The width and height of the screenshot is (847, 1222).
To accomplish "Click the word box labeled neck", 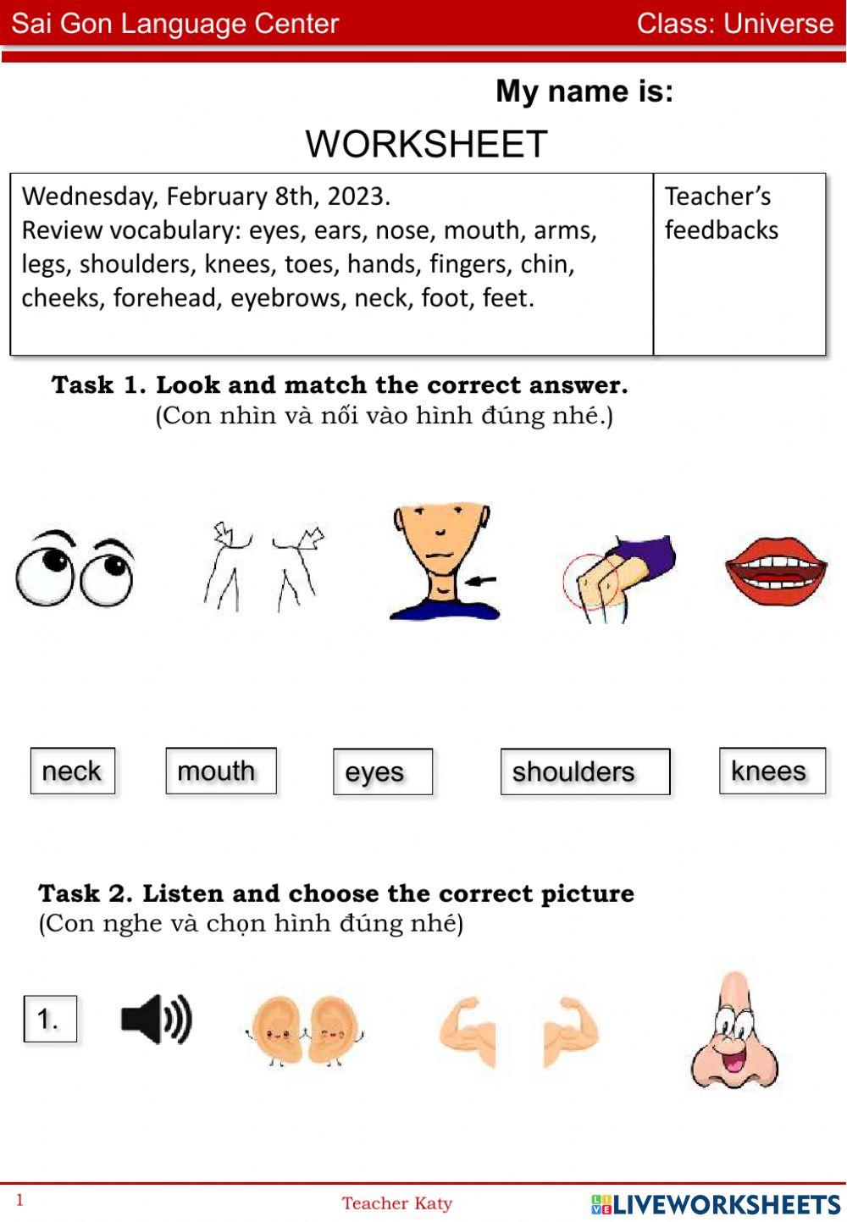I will click(72, 771).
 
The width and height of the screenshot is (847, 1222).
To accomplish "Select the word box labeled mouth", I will click(220, 771).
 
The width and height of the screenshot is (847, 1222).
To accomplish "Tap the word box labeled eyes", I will click(382, 772).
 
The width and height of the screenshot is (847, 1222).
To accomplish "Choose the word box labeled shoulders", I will click(584, 772).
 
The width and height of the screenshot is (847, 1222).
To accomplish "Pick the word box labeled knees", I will click(772, 771).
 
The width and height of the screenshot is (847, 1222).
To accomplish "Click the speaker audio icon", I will click(156, 1019).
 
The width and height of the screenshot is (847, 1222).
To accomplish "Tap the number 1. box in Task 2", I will click(50, 1019).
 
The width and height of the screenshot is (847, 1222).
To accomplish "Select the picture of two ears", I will click(304, 1029).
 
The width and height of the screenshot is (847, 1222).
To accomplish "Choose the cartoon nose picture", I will click(734, 1031).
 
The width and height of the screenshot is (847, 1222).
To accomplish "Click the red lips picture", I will click(776, 571).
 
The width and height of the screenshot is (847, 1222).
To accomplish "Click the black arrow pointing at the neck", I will click(481, 581).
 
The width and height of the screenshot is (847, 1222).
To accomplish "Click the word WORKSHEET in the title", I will click(426, 144).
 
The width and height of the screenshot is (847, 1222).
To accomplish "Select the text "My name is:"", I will click(584, 91).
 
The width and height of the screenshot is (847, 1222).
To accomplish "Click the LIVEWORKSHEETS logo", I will click(716, 1204).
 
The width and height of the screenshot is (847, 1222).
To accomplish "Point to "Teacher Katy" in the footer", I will click(396, 1203).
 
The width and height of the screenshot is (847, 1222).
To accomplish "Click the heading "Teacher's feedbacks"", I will click(720, 213).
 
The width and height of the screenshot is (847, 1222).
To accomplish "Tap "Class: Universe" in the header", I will click(734, 24).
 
